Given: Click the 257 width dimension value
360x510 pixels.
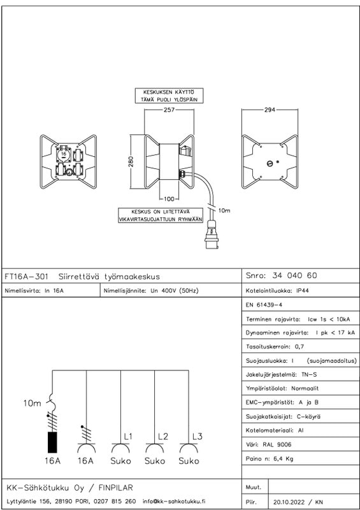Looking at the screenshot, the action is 169,110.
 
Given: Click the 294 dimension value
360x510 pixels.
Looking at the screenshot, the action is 270,110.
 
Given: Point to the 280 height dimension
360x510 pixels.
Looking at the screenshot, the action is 131,162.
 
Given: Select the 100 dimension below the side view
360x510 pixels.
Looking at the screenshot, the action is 169,198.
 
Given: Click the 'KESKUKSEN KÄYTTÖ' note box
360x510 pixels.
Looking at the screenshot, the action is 169,96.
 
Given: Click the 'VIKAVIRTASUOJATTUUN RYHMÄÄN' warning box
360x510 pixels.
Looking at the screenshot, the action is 161,215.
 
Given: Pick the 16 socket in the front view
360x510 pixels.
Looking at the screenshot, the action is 64,154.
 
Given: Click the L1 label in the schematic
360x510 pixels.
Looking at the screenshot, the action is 128,437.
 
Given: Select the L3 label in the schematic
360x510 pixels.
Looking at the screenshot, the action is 197,437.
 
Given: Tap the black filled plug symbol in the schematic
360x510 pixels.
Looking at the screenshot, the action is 52,442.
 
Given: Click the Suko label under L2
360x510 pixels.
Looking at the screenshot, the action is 155,461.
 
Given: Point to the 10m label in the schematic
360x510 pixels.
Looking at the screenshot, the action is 32,404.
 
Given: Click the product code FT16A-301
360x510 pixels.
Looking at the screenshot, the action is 26,277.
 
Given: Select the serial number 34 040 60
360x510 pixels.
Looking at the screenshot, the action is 294,275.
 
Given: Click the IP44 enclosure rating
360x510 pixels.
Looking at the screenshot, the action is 303,291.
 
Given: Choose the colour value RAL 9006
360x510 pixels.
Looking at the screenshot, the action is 277,444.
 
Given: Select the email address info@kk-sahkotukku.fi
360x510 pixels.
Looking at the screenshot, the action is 174,501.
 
